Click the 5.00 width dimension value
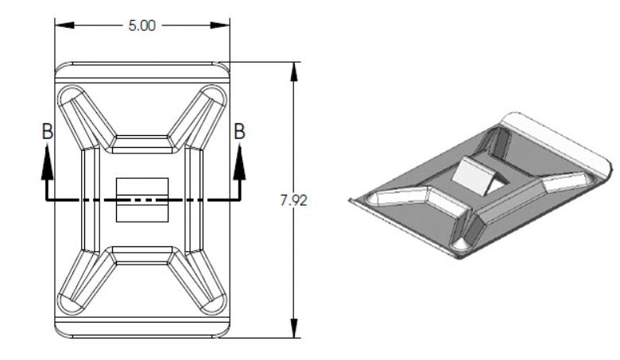[142, 25]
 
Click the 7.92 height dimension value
[293, 200]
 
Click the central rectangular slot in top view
[142, 199]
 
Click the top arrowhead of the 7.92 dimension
[294, 72]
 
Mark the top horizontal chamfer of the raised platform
[142, 144]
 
